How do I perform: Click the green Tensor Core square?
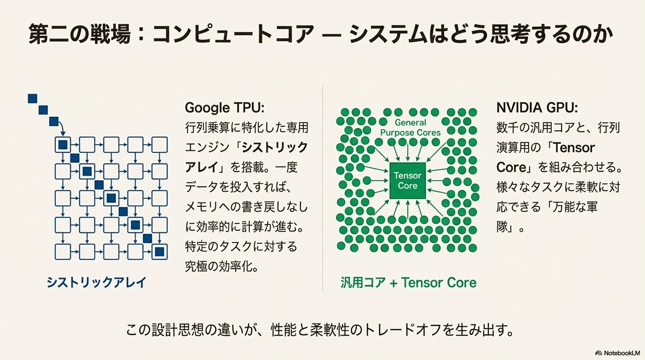pyautogui.click(x=407, y=180)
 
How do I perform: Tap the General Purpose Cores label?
pyautogui.click(x=410, y=127)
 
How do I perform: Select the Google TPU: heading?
pyautogui.click(x=225, y=108)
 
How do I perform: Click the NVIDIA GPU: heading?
pyautogui.click(x=537, y=108)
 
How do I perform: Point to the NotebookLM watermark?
pyautogui.click(x=618, y=353)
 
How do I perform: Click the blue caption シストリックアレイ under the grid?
pyautogui.click(x=97, y=282)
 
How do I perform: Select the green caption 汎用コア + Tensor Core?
pyautogui.click(x=409, y=283)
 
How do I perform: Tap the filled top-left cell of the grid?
pyautogui.click(x=63, y=144)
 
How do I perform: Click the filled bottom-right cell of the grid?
pyautogui.click(x=159, y=252)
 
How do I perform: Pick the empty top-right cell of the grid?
pyautogui.click(x=159, y=144)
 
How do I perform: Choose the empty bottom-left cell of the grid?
pyautogui.click(x=63, y=252)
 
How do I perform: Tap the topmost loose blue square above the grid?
pyautogui.click(x=32, y=98)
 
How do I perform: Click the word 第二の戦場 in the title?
pyautogui.click(x=80, y=34)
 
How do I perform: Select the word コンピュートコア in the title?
pyautogui.click(x=233, y=34)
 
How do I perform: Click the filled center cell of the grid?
pyautogui.click(x=111, y=198)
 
